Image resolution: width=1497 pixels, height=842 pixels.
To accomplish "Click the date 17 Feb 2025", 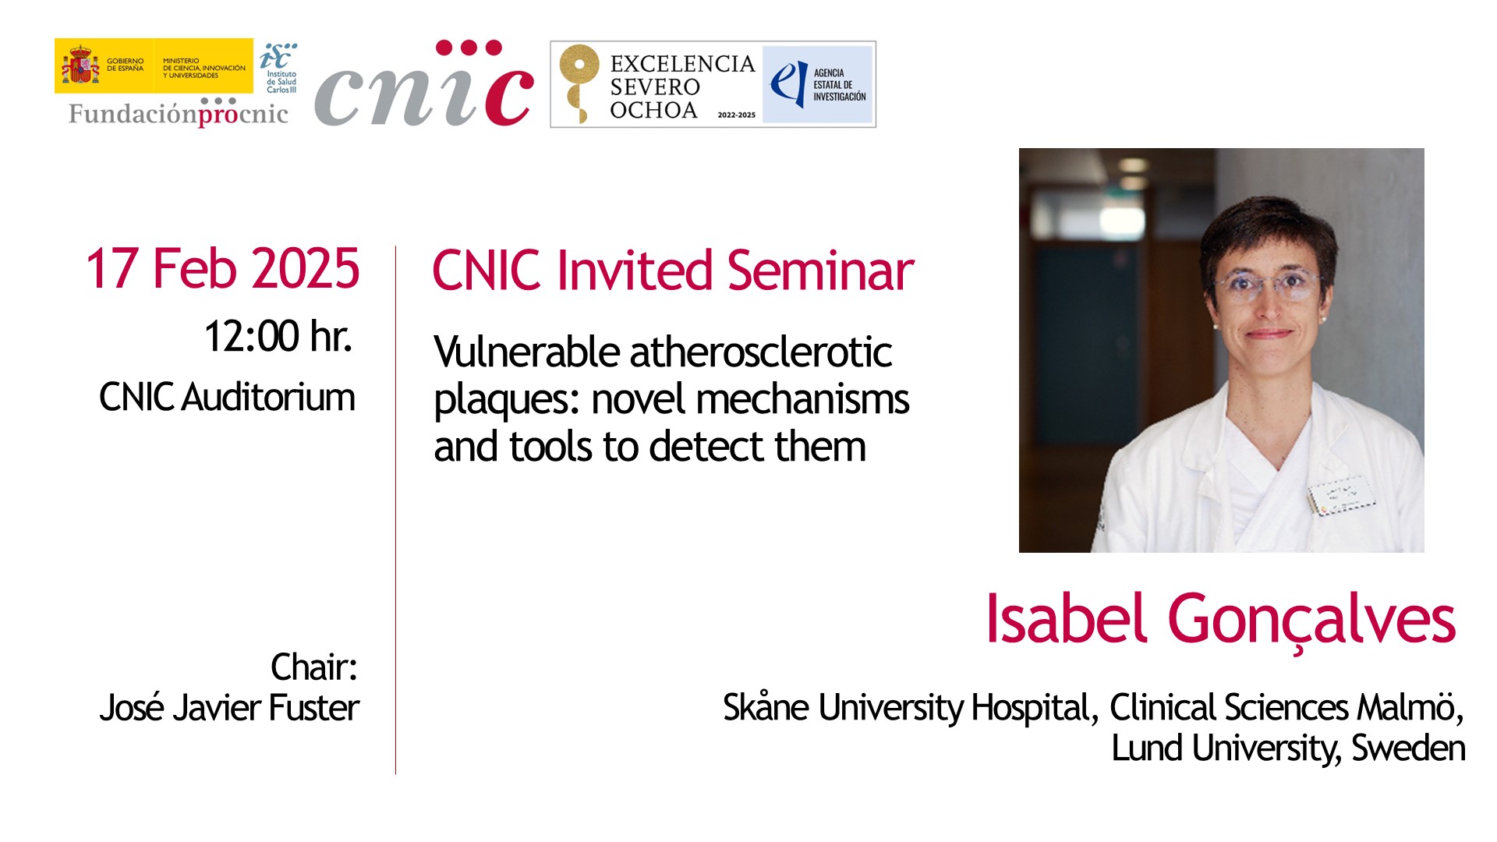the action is (223, 269).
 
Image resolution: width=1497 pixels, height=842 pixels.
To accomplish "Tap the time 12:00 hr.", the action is (278, 337).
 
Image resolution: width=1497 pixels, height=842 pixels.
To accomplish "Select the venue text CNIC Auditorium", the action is (227, 397).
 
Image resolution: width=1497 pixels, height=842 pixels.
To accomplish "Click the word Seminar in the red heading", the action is (821, 271).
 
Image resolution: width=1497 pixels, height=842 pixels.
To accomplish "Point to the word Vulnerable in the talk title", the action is (526, 352).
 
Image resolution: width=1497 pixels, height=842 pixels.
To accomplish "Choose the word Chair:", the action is (313, 667).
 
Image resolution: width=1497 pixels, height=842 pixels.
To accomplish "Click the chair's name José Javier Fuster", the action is (229, 708).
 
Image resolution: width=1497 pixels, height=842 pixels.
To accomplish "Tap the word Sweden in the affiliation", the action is (1408, 748).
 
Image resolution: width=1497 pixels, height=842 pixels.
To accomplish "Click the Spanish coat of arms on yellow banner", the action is (80, 65).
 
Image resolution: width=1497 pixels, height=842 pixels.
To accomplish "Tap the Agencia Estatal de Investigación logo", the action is (817, 84).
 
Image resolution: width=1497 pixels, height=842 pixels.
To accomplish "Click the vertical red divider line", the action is (395, 510).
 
